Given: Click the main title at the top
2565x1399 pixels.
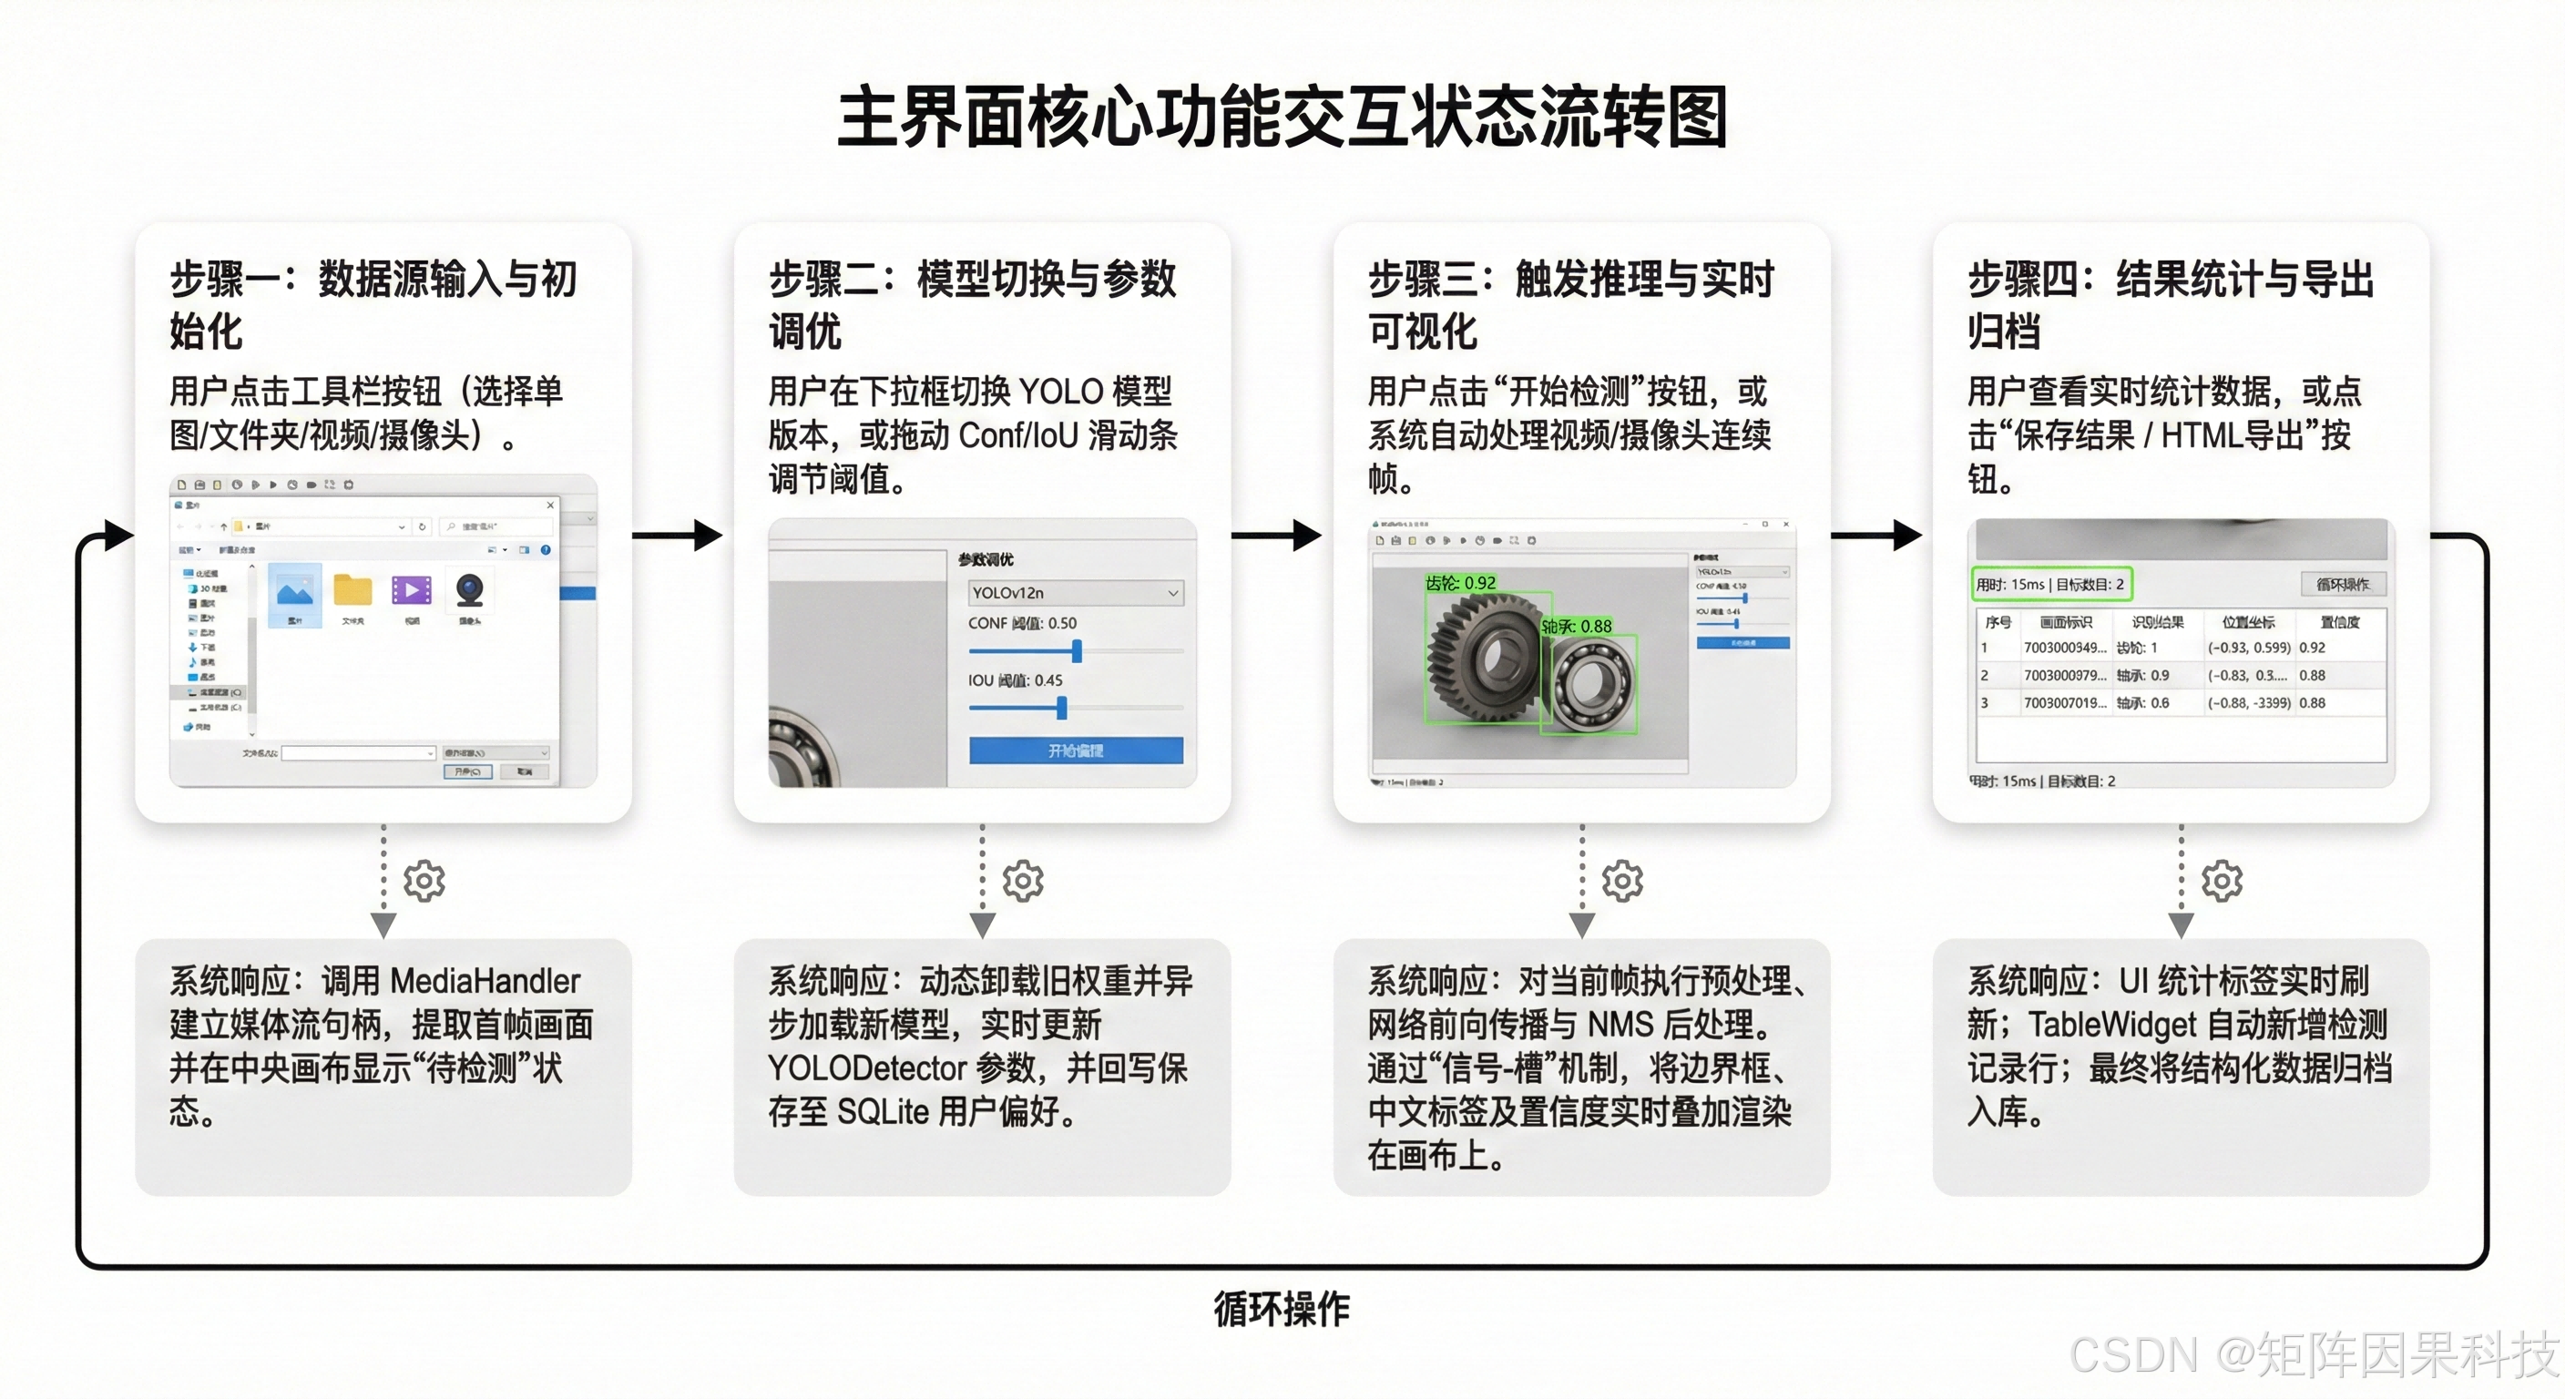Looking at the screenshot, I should point(1282,117).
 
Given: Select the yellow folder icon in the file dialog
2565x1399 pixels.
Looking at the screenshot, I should point(353,590).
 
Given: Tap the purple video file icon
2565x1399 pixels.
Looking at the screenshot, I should point(411,590).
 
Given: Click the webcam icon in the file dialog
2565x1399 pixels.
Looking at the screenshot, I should point(470,590).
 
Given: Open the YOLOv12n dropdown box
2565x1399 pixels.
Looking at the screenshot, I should point(1076,592).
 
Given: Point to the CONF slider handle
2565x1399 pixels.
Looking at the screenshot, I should point(1077,651).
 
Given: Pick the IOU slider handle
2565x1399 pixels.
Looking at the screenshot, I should point(1061,708).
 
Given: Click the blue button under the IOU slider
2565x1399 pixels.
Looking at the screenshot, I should point(1076,751).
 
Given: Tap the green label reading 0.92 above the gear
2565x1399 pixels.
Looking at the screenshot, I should point(1461,583).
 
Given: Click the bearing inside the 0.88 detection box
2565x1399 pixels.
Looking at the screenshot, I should point(1589,683).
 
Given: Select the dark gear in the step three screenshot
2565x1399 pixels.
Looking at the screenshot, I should point(1484,658).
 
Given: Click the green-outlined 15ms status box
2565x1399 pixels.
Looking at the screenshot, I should point(2050,585).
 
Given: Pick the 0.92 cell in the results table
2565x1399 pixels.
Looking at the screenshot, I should point(2312,648).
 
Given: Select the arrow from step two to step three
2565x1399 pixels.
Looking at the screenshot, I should point(1279,536).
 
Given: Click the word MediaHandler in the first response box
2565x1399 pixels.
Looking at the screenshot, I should point(485,982).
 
